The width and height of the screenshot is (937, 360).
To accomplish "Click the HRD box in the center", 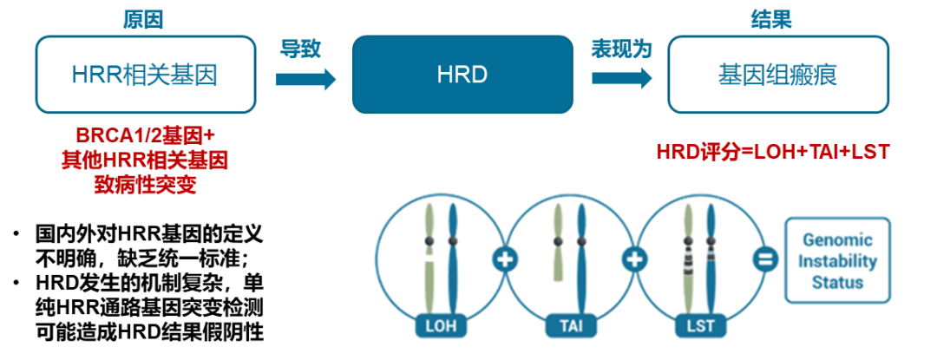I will (x=462, y=75).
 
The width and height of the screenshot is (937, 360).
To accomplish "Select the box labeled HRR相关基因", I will (x=145, y=75).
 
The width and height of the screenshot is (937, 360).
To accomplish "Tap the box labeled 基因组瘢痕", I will (x=777, y=75).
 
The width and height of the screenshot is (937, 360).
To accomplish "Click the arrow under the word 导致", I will (x=305, y=79).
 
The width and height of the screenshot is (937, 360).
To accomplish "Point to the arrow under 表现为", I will (x=621, y=79).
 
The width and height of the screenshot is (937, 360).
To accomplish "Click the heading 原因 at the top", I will (x=143, y=19).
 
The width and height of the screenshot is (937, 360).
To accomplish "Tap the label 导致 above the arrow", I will (x=300, y=49).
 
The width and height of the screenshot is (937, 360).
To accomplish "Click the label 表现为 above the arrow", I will (x=620, y=49).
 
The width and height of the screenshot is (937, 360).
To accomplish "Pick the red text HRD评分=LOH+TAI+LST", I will (x=773, y=152).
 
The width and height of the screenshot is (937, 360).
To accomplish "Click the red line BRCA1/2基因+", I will (x=145, y=137).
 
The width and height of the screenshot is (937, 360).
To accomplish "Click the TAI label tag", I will (x=570, y=328).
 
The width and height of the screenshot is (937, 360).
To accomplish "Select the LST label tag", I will (x=699, y=328).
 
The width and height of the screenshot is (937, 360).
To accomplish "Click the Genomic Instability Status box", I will (x=837, y=259).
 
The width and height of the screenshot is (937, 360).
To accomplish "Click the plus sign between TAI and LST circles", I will (x=634, y=259).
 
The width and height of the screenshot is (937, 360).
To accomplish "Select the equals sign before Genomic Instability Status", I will (x=764, y=259).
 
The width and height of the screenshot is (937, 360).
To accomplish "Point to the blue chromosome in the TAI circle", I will (x=580, y=260).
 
